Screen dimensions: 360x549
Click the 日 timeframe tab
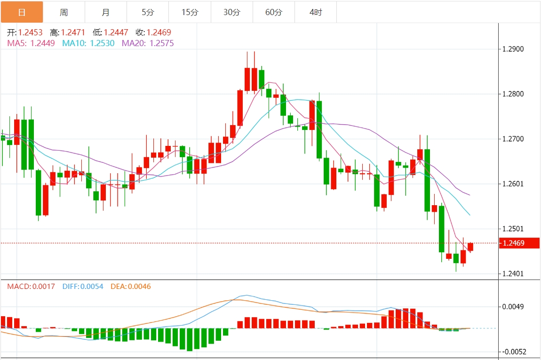click(x=22, y=12)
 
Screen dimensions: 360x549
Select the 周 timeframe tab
click(x=64, y=12)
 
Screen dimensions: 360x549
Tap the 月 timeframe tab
click(x=106, y=12)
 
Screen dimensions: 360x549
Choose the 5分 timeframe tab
click(x=148, y=12)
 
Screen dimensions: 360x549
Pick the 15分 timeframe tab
click(x=190, y=12)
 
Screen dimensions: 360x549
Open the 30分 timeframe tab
click(x=231, y=12)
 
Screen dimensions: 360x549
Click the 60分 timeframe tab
click(x=274, y=12)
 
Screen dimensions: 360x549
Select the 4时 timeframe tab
click(x=316, y=12)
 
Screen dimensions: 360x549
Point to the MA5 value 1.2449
click(x=42, y=43)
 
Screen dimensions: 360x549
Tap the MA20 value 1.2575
click(x=161, y=43)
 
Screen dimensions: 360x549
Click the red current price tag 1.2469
click(x=519, y=243)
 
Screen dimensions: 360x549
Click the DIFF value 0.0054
click(x=92, y=286)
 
